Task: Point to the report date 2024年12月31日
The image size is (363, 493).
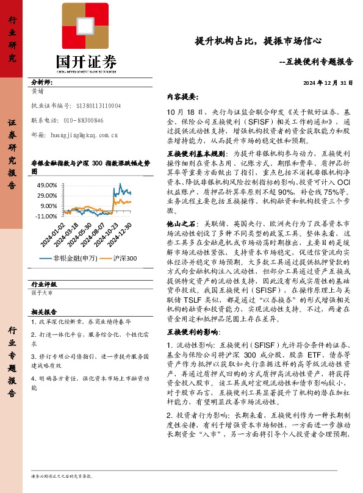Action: (328, 83)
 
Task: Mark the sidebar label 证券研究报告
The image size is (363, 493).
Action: (12, 146)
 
